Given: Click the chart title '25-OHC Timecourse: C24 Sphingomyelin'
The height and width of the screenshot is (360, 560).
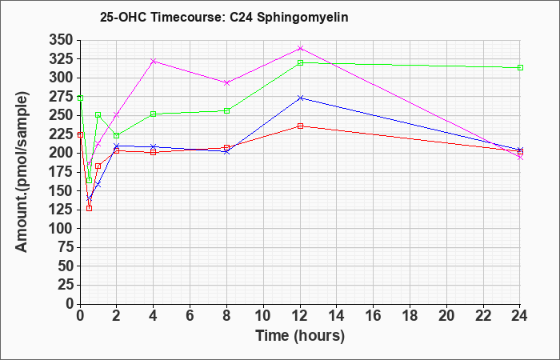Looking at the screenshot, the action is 224,17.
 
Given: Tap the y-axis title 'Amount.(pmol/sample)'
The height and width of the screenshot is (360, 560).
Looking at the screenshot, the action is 22,172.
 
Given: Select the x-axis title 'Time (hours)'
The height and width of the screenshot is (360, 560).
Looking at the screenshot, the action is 300,336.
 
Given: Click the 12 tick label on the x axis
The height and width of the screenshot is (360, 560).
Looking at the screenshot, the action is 300,316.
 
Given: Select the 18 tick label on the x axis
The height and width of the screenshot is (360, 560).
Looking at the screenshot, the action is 410,316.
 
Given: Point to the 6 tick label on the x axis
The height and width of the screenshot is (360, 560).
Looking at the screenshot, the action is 190,316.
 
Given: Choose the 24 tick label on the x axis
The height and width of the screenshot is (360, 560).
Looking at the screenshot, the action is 520,316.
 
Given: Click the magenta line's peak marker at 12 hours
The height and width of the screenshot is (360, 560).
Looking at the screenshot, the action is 300,48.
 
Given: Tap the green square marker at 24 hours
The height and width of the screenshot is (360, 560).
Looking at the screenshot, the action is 520,67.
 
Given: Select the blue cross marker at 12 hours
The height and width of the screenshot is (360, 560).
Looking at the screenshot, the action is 300,98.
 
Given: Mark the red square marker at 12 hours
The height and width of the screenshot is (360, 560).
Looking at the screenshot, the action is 300,126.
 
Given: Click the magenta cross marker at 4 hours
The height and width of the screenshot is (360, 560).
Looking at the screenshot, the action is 154,61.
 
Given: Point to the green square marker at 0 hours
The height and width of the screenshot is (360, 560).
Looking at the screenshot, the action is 80,98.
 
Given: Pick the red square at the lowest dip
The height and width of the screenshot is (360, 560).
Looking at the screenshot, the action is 90,208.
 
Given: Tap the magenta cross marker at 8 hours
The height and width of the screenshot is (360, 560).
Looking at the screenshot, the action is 226,82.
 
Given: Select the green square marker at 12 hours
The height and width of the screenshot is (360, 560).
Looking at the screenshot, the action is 300,63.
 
